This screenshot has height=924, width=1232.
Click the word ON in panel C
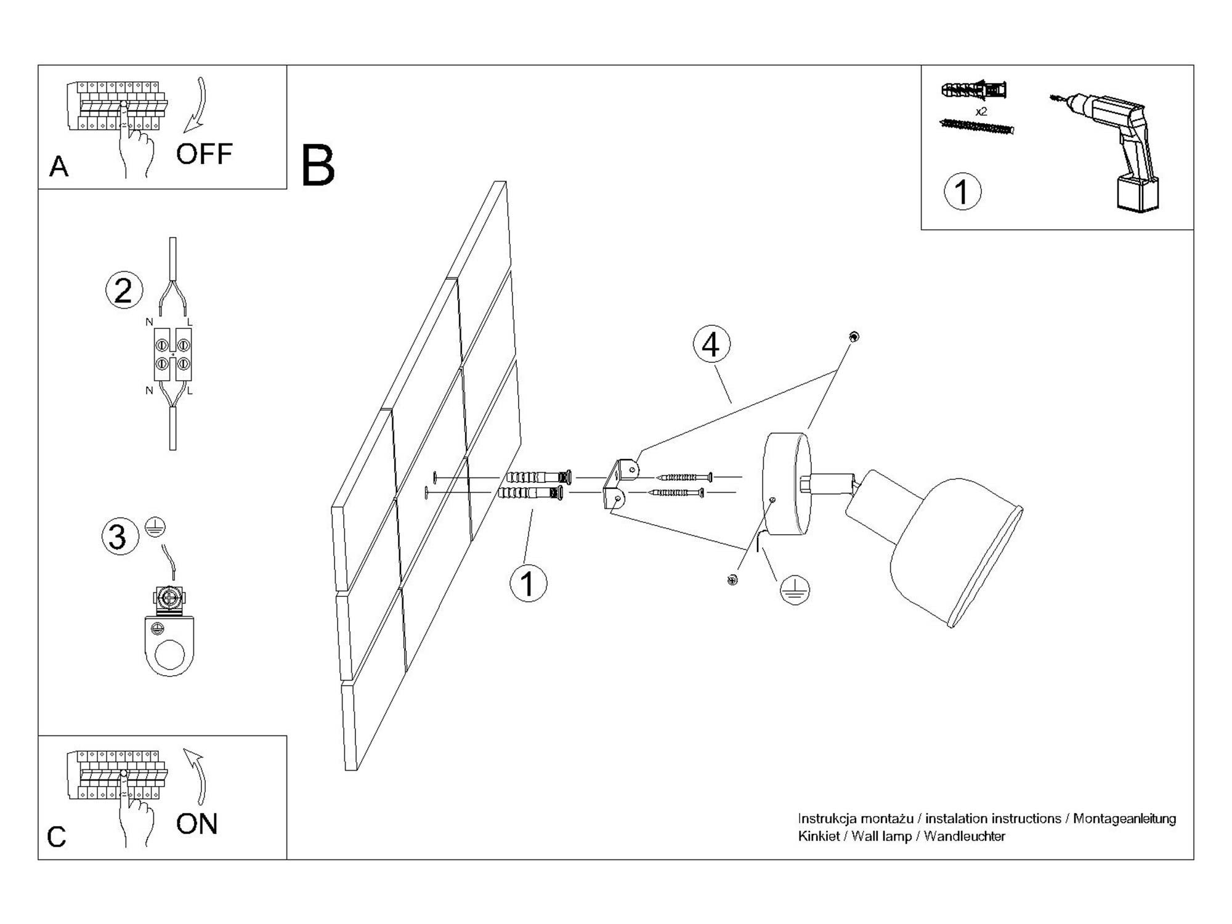(197, 824)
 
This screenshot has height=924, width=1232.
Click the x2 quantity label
(981, 111)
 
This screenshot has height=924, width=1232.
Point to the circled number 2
(124, 290)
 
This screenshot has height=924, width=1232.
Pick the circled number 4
(711, 344)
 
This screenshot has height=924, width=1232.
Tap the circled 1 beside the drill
(962, 191)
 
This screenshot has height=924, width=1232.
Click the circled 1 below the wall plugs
(528, 582)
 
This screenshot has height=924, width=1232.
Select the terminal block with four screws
(172, 354)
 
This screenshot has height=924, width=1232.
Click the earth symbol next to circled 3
(155, 527)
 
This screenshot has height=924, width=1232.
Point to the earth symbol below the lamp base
(795, 590)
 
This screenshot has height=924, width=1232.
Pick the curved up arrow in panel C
(198, 777)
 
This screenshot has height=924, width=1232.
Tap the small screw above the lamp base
(853, 336)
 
